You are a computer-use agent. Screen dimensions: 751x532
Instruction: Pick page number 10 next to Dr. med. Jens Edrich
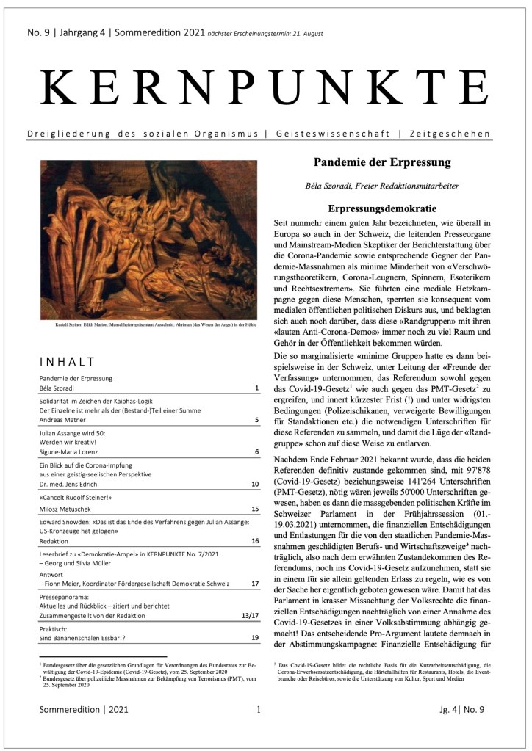254,485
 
